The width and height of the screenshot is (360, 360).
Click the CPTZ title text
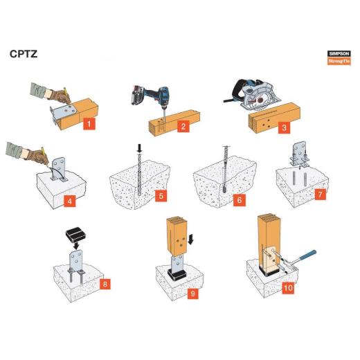click(24, 54)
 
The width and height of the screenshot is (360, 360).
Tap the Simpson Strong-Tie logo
click(339, 57)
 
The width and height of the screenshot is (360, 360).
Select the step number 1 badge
click(89, 124)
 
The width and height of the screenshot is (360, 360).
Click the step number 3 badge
click(284, 127)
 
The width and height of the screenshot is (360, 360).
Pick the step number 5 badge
click(161, 196)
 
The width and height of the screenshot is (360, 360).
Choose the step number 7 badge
click(320, 195)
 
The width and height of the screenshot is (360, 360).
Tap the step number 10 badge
click(288, 288)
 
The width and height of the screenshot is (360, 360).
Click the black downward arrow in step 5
click(139, 148)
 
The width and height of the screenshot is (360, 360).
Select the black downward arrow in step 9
click(190, 240)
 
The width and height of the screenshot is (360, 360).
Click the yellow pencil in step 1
click(67, 95)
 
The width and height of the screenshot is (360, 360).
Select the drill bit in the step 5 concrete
click(139, 174)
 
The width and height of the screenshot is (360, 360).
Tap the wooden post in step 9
click(177, 236)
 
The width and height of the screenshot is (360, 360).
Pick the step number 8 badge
click(105, 284)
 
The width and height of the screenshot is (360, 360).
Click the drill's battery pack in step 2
click(138, 95)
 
